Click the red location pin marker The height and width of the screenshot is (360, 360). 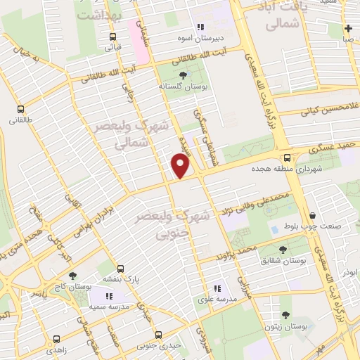[x=181, y=166]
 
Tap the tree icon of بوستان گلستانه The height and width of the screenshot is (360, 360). [x=184, y=75]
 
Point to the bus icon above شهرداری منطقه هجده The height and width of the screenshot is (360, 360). [x=287, y=158]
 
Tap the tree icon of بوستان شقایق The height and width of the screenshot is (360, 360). [x=283, y=250]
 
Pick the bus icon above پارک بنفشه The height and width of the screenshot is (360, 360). [x=121, y=269]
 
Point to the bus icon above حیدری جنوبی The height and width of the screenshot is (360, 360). [x=159, y=335]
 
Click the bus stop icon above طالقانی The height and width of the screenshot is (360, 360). [x=20, y=109]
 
